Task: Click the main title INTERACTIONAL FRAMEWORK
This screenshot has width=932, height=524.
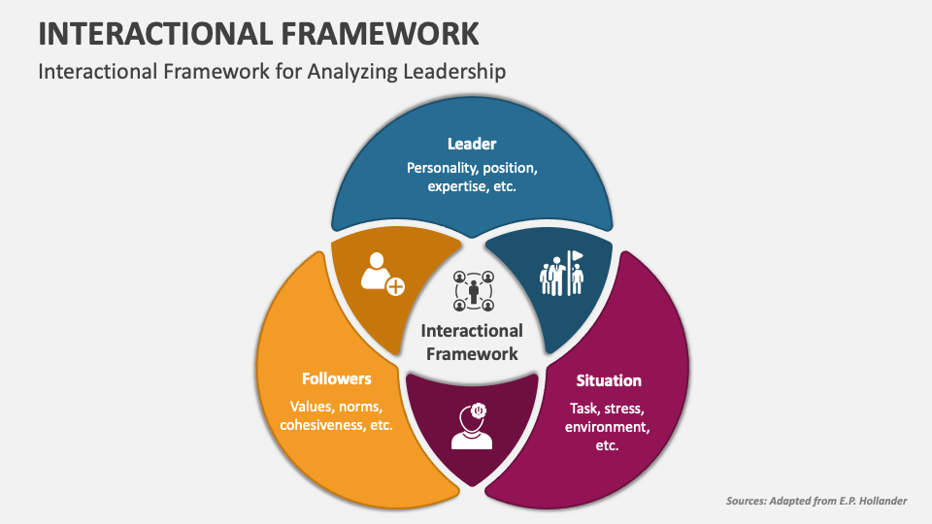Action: [258, 33]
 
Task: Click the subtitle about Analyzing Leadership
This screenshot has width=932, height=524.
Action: [272, 72]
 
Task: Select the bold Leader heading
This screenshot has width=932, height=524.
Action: [472, 144]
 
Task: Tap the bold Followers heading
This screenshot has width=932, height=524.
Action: [336, 378]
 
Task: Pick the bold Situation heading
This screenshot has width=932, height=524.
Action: [609, 380]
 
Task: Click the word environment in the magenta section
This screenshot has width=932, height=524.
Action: [607, 427]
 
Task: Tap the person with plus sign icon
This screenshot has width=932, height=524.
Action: [382, 276]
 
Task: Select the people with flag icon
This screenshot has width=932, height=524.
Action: [562, 275]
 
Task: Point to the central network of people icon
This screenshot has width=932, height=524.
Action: [473, 290]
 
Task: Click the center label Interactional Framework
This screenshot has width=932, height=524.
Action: [472, 343]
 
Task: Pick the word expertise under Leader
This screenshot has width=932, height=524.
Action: [457, 186]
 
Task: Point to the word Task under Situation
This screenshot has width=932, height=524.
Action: [585, 408]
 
